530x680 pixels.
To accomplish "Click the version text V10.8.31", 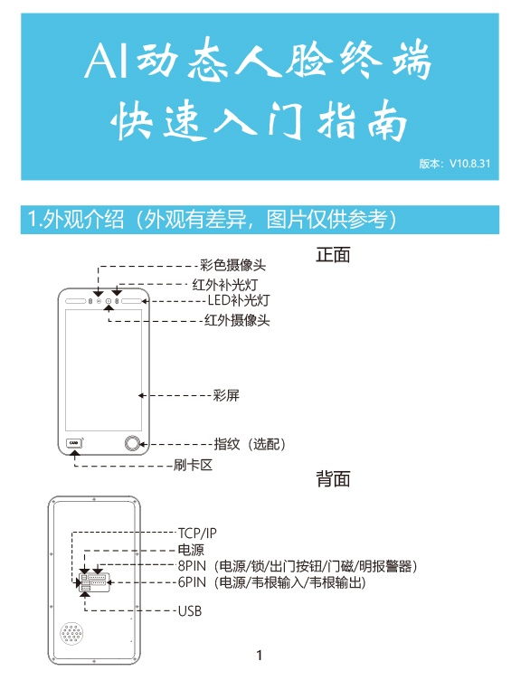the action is (x=469, y=164).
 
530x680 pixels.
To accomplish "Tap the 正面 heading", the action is (x=333, y=255).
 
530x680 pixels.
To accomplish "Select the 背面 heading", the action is (x=333, y=479).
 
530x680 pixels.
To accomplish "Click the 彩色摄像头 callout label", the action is (x=232, y=266).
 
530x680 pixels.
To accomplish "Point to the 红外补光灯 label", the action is (x=225, y=285).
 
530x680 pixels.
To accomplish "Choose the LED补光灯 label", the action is (x=239, y=300).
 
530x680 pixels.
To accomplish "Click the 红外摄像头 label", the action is (x=237, y=320).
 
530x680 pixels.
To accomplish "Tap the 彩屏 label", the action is (x=226, y=395).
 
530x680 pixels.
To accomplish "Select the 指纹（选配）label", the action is (x=250, y=444).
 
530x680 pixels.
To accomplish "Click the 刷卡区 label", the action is (x=193, y=466).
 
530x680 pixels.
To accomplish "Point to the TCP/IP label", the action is (x=197, y=533).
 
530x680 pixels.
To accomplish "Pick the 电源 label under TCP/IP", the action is (x=191, y=550).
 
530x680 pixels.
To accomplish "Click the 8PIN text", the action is (x=192, y=566).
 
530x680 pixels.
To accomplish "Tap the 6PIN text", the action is (x=192, y=582).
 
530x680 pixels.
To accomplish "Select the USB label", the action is (x=190, y=611).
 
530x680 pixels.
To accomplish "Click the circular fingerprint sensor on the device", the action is (x=133, y=444).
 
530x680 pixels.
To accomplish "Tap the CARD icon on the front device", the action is (x=74, y=443).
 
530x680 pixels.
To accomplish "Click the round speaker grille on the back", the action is (x=72, y=634).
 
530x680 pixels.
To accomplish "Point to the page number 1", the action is (x=260, y=656).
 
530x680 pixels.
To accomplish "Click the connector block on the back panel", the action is (x=95, y=582).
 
